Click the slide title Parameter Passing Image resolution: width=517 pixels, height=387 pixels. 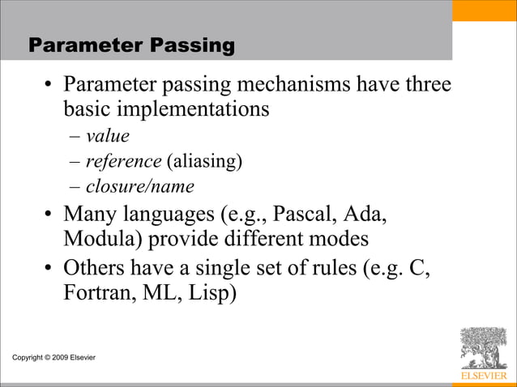132,46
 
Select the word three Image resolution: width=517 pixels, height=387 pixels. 425,84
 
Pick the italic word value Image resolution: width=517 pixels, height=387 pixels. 108,136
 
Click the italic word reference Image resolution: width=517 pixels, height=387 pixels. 123,161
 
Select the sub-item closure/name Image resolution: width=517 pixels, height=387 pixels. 140,187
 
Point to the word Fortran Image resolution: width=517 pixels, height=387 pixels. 98,291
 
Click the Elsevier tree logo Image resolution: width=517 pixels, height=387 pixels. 483,349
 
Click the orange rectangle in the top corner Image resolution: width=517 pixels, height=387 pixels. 484,11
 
